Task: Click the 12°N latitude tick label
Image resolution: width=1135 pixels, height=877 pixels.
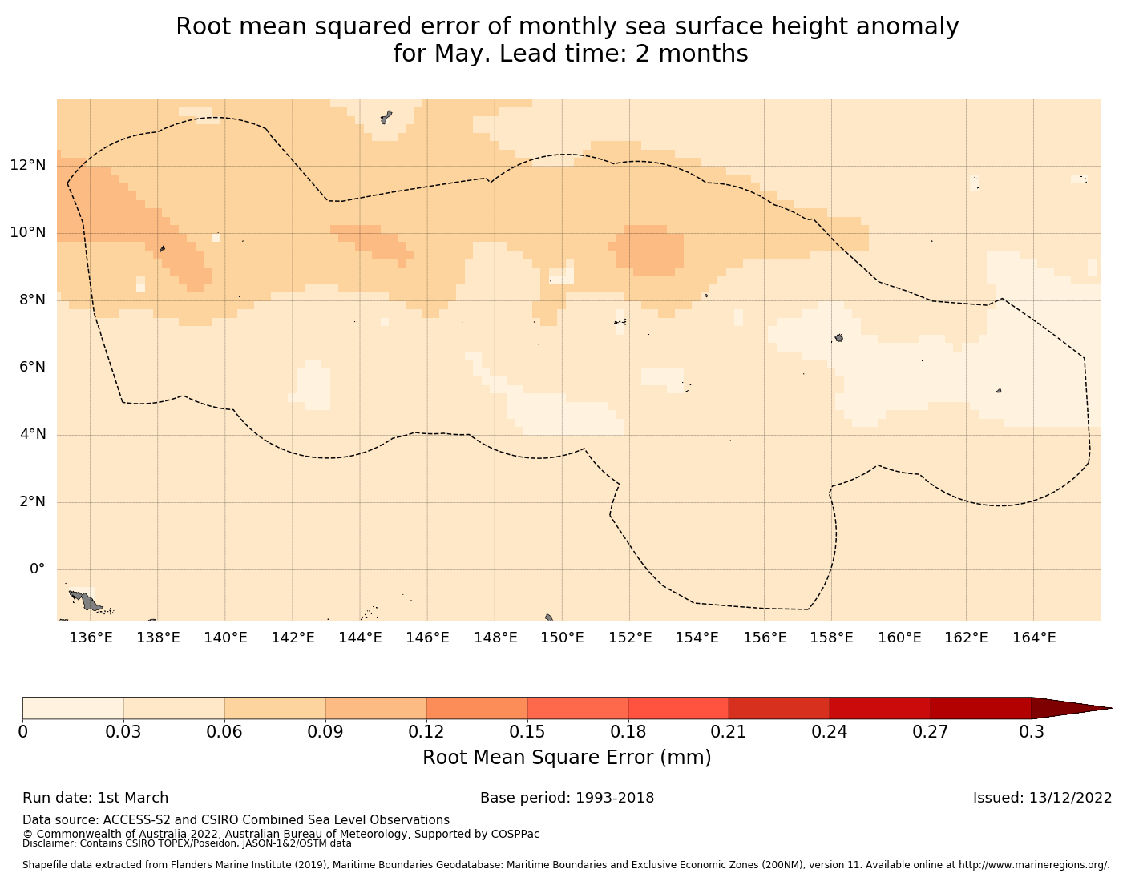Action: point(28,166)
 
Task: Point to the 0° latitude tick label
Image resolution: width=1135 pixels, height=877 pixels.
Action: point(37,569)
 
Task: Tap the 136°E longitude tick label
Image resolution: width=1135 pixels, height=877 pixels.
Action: point(90,638)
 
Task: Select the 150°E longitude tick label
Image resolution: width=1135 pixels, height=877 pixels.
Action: point(562,638)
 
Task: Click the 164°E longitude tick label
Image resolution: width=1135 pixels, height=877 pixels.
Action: point(1034,638)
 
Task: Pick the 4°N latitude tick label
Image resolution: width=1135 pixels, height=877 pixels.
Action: point(32,435)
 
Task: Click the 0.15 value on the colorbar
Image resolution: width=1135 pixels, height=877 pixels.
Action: point(527,732)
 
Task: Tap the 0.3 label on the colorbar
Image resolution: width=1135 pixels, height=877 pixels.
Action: point(1032,732)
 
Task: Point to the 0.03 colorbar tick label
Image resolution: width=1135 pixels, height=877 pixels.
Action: point(123,732)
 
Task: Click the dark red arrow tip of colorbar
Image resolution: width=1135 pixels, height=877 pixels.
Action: point(1074,708)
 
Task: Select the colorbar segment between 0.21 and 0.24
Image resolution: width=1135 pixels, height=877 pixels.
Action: point(779,708)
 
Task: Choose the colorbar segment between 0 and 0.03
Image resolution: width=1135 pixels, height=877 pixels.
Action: point(73,708)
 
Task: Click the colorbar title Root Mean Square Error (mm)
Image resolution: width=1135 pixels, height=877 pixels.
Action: point(567,758)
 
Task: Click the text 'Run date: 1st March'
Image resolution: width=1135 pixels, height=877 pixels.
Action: point(95,798)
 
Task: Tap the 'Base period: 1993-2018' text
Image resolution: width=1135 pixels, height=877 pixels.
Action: point(567,798)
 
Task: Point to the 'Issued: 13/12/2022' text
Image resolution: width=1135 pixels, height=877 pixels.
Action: point(1042,798)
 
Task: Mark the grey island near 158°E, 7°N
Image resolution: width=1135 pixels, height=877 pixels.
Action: point(838,338)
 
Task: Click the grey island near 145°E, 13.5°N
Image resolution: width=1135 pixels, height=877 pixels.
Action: point(386,117)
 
